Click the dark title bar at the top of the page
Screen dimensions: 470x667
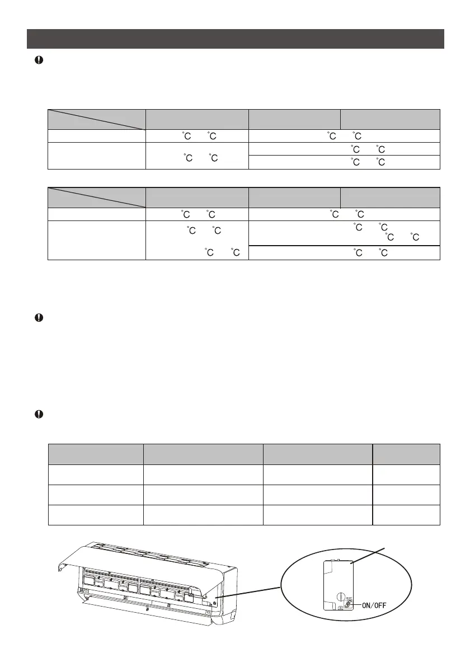pyautogui.click(x=236, y=39)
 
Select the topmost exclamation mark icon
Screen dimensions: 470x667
pyautogui.click(x=39, y=61)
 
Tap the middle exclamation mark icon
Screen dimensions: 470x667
pyautogui.click(x=39, y=318)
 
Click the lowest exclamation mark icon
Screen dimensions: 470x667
pyautogui.click(x=39, y=415)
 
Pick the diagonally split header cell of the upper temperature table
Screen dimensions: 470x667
pyautogui.click(x=96, y=119)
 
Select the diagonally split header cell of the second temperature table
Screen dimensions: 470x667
pyautogui.click(x=96, y=198)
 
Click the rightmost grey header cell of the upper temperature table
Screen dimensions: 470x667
pyautogui.click(x=390, y=119)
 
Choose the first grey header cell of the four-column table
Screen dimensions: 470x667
pyautogui.click(x=96, y=454)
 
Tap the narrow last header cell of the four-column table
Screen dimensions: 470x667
pyautogui.click(x=406, y=454)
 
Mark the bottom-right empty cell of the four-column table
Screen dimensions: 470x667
pyautogui.click(x=406, y=514)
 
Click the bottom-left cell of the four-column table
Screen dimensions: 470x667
pyautogui.click(x=96, y=514)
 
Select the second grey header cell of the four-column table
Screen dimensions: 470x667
pyautogui.click(x=203, y=454)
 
